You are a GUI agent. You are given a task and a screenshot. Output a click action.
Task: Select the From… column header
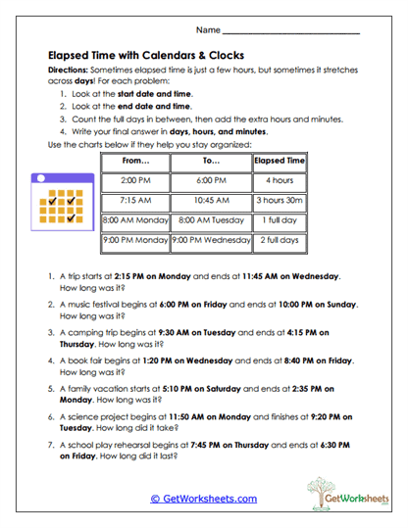tap(134, 161)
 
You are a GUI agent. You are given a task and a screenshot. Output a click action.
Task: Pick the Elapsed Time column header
tap(280, 161)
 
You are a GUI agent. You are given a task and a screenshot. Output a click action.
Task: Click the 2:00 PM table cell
tap(134, 181)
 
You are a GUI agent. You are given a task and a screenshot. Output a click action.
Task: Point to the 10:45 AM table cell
tap(211, 201)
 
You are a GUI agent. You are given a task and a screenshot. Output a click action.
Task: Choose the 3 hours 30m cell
tap(280, 201)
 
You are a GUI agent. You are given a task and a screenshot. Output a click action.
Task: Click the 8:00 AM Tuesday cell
tap(211, 220)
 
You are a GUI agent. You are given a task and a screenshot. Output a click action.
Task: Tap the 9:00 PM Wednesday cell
tap(211, 240)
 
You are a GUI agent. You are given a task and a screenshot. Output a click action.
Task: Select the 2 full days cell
tap(280, 240)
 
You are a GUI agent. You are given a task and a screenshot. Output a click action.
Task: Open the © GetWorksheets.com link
tap(203, 498)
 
